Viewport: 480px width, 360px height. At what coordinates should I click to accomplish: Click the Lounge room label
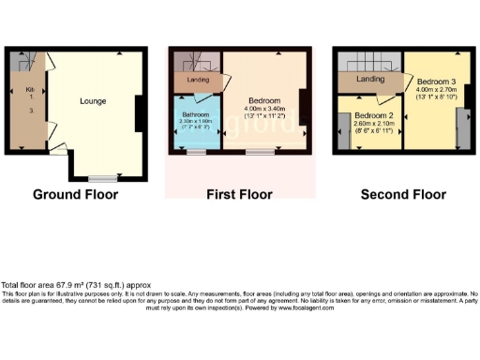92,101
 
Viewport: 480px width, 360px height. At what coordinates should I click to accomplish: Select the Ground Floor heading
75,195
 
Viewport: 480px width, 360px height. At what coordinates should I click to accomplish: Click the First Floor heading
239,195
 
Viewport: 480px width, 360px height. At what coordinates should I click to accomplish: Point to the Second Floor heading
401,195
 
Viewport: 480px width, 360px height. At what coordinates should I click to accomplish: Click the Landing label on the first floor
199,80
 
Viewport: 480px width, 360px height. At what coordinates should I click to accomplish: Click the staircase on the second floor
370,62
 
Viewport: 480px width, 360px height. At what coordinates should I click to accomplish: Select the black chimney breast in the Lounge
139,113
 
